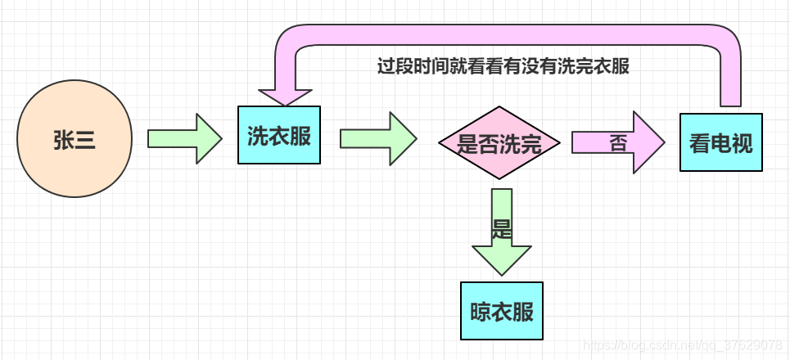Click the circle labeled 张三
click(74, 140)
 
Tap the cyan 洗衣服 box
click(279, 135)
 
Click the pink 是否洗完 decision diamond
click(499, 144)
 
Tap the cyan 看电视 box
click(720, 142)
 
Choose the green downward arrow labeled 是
click(502, 232)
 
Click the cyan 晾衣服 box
click(502, 311)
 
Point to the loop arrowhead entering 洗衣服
click(279, 93)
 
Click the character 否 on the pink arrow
click(618, 143)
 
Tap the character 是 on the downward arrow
click(502, 228)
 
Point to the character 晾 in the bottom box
click(481, 312)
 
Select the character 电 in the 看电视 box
click(720, 143)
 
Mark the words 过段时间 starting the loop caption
click(409, 67)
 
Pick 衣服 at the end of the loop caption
click(612, 67)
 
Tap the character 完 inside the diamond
click(530, 145)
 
